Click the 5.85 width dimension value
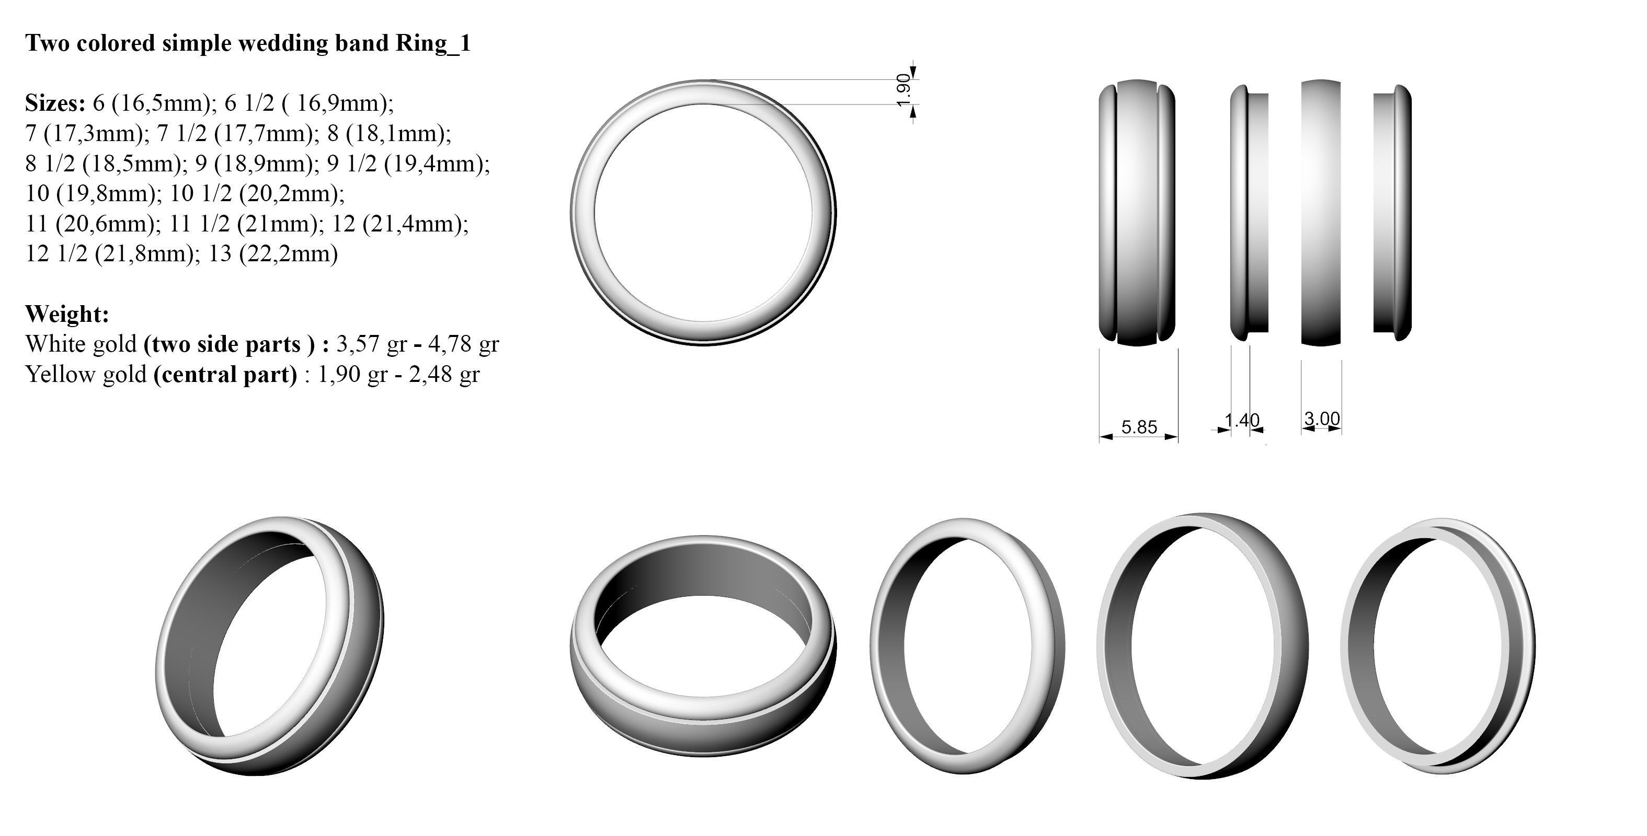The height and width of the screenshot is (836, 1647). coord(1139,427)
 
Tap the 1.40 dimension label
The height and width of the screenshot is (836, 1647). coord(1242,420)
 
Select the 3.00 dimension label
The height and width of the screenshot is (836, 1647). coord(1322,419)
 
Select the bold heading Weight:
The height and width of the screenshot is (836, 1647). coord(67,314)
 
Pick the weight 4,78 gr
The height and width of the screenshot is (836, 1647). coord(463,344)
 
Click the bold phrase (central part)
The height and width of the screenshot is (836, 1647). coord(225,374)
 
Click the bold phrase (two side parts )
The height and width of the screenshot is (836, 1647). coord(230,344)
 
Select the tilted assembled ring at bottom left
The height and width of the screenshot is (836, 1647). coord(270,646)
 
